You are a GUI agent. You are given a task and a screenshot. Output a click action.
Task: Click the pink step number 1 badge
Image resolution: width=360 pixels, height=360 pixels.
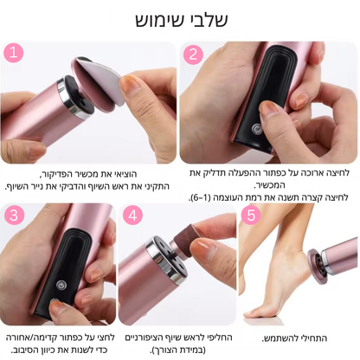[15, 54]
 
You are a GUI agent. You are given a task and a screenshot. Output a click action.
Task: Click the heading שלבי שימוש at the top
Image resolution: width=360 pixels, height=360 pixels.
[179, 19]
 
